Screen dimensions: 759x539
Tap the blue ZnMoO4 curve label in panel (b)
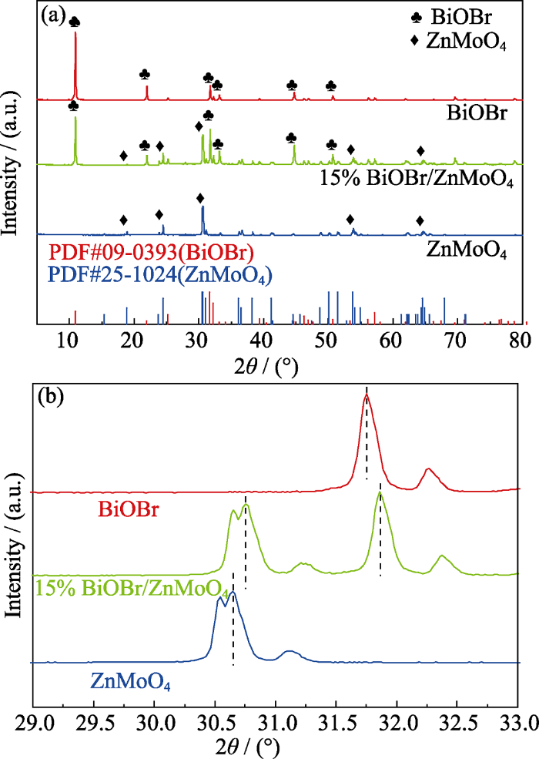click(x=130, y=682)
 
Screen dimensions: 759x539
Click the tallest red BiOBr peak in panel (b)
click(x=367, y=396)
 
